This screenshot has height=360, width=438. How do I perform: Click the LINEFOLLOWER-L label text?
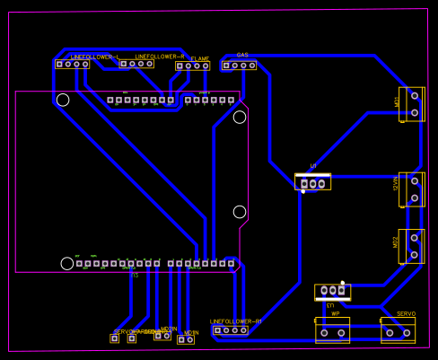(94, 57)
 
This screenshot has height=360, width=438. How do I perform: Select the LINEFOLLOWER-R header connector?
(136, 64)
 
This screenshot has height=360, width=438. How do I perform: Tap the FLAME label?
(199, 59)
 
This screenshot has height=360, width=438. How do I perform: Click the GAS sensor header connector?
(239, 66)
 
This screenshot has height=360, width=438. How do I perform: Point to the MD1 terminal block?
(412, 104)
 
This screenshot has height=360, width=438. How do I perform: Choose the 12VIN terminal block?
(412, 189)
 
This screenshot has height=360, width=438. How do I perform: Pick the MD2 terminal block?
(411, 246)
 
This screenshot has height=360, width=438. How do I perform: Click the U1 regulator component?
(312, 182)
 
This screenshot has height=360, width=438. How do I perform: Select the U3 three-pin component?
(332, 291)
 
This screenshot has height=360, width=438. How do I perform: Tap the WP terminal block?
(332, 331)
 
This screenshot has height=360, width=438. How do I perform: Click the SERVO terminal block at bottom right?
(398, 331)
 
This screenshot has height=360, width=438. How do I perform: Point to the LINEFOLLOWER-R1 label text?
(236, 320)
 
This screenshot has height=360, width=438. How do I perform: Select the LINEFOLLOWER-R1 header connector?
(231, 330)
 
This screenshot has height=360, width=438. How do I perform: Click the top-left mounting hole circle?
(63, 100)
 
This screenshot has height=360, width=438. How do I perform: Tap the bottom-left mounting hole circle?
(67, 263)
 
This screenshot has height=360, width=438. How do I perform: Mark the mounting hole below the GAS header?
(240, 117)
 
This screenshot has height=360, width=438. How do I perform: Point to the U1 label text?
(313, 166)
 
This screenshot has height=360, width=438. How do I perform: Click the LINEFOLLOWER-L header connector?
(73, 65)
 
